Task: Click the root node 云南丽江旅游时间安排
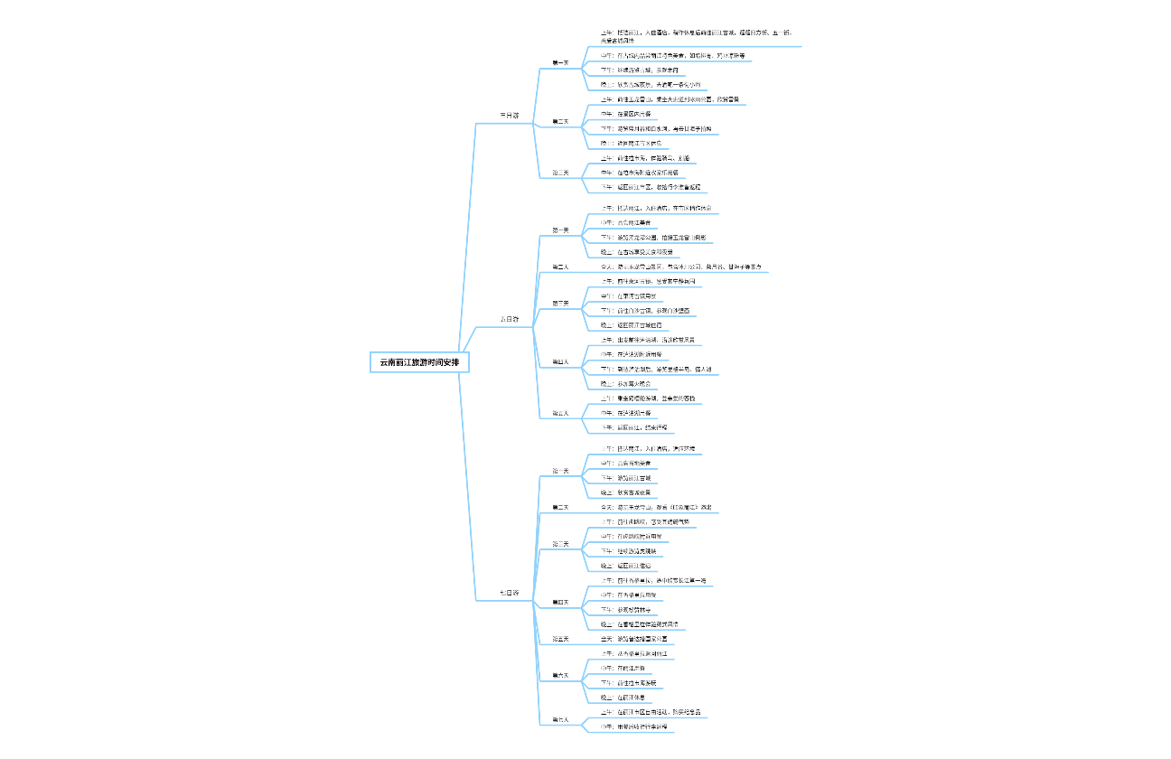point(419,362)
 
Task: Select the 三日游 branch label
point(510,115)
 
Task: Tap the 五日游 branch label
point(510,319)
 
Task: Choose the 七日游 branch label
point(510,593)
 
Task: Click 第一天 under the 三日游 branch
point(560,62)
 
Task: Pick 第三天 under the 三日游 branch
point(560,173)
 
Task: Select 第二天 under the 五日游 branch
point(560,267)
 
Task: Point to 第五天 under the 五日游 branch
point(560,413)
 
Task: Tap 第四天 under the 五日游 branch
point(560,361)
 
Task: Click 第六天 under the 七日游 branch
point(560,675)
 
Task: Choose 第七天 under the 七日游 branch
point(560,719)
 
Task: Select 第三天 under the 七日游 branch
point(560,544)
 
